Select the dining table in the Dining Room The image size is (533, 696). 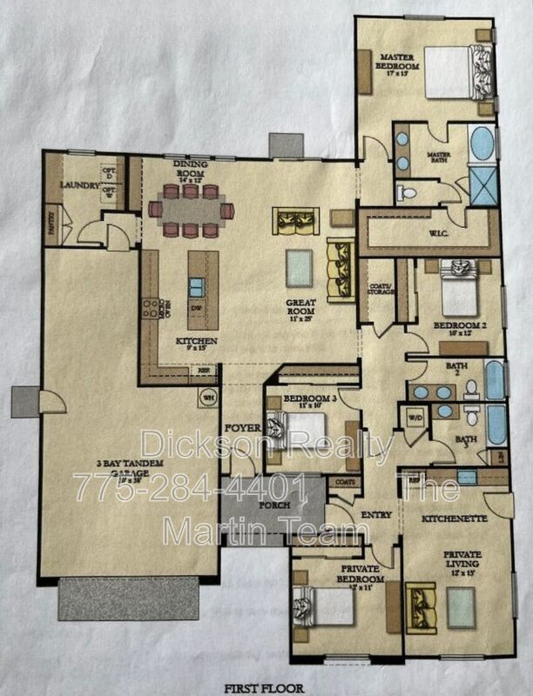click(191, 210)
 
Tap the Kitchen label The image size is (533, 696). click(195, 341)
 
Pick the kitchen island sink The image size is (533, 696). click(197, 286)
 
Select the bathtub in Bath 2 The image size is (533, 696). click(494, 380)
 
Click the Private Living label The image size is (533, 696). click(461, 557)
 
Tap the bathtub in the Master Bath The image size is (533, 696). click(482, 145)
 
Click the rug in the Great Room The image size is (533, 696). click(300, 268)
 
